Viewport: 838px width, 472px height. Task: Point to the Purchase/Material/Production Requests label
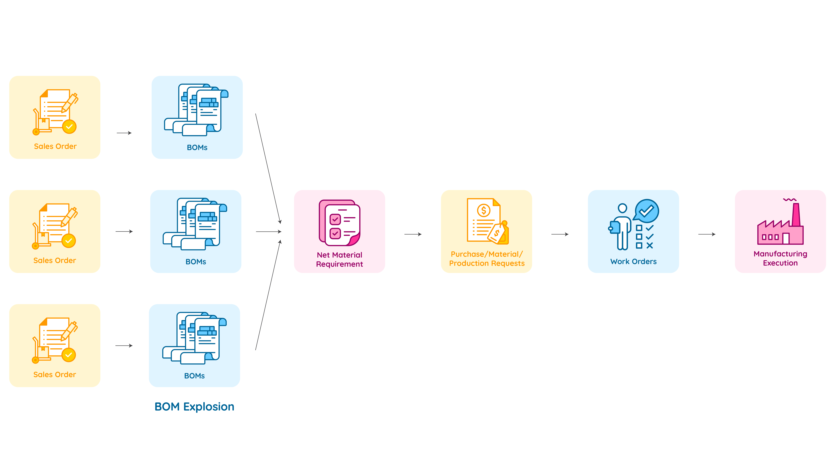tap(487, 259)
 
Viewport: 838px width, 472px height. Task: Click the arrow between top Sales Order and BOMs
tap(124, 133)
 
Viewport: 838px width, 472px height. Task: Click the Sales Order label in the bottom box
tap(55, 375)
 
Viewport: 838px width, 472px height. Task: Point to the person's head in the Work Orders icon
tap(622, 208)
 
